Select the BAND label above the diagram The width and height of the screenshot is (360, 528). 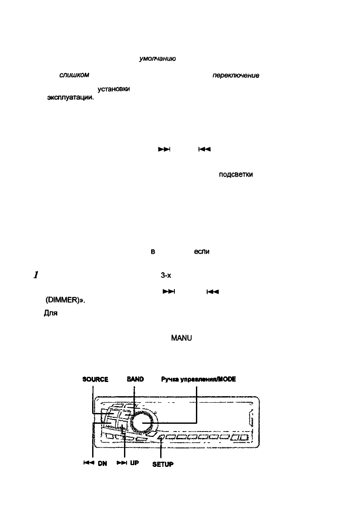coord(135,379)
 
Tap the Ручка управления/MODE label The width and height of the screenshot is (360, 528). coord(199,379)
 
